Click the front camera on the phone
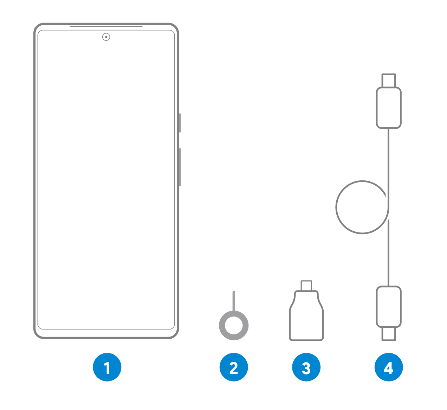coord(106,37)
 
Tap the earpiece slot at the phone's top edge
coord(106,26)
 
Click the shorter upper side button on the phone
coord(180,123)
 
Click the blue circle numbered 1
coord(107,367)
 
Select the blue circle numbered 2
coord(234,367)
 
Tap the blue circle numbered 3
coord(306,367)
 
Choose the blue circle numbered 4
coord(389,367)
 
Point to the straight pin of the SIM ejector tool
coord(234,301)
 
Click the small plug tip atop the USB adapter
coord(306,286)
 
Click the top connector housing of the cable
coord(389,108)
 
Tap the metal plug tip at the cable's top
coord(389,81)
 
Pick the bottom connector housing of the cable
coord(389,307)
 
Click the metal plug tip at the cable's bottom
coord(389,334)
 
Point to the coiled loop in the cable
coord(336,207)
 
